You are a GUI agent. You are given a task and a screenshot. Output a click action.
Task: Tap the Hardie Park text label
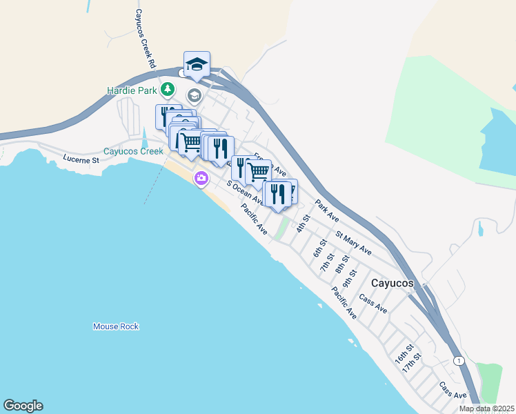pyautogui.click(x=132, y=90)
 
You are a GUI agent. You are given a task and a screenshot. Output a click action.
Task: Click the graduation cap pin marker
pyautogui.click(x=197, y=64)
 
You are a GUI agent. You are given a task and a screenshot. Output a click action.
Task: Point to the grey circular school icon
pyautogui.click(x=194, y=95)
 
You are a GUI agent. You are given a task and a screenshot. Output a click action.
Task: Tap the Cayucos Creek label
pyautogui.click(x=133, y=151)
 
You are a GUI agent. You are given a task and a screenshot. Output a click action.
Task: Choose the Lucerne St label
pyautogui.click(x=82, y=159)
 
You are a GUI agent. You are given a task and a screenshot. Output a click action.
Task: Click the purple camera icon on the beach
pyautogui.click(x=201, y=179)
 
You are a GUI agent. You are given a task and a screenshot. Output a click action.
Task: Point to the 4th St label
pyautogui.click(x=301, y=224)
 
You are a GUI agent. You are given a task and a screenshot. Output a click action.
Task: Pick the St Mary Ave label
pyautogui.click(x=353, y=243)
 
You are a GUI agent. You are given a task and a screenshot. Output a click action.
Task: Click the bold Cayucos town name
pyautogui.click(x=393, y=283)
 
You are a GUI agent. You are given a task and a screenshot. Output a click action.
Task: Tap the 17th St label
pyautogui.click(x=413, y=362)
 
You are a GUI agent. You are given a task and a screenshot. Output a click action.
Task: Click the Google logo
pyautogui.click(x=23, y=406)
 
